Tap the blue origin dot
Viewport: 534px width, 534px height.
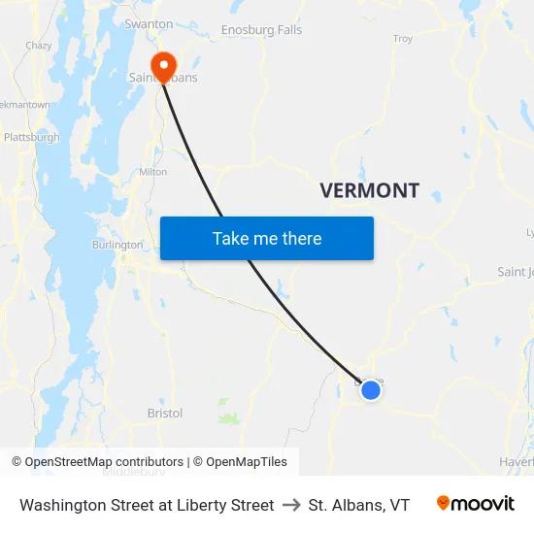coord(370,390)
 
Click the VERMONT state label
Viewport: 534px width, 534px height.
coord(370,190)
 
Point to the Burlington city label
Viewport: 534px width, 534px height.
coord(117,245)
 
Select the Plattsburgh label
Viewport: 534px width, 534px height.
coord(31,137)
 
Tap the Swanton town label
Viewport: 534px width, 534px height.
coord(149,23)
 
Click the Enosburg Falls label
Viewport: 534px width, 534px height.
coord(261,30)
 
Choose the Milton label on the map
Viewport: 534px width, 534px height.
coord(153,172)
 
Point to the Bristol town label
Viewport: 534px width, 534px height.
coord(165,413)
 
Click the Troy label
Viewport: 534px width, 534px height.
coord(402,39)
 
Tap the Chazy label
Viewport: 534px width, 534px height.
coord(39,46)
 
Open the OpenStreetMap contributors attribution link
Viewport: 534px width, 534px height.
coord(104,462)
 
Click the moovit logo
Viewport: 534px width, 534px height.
coord(475,504)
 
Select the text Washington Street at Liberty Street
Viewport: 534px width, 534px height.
coord(147,505)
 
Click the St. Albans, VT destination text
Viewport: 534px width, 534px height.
coord(359,505)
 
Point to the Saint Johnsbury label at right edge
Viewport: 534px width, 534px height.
coord(515,272)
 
